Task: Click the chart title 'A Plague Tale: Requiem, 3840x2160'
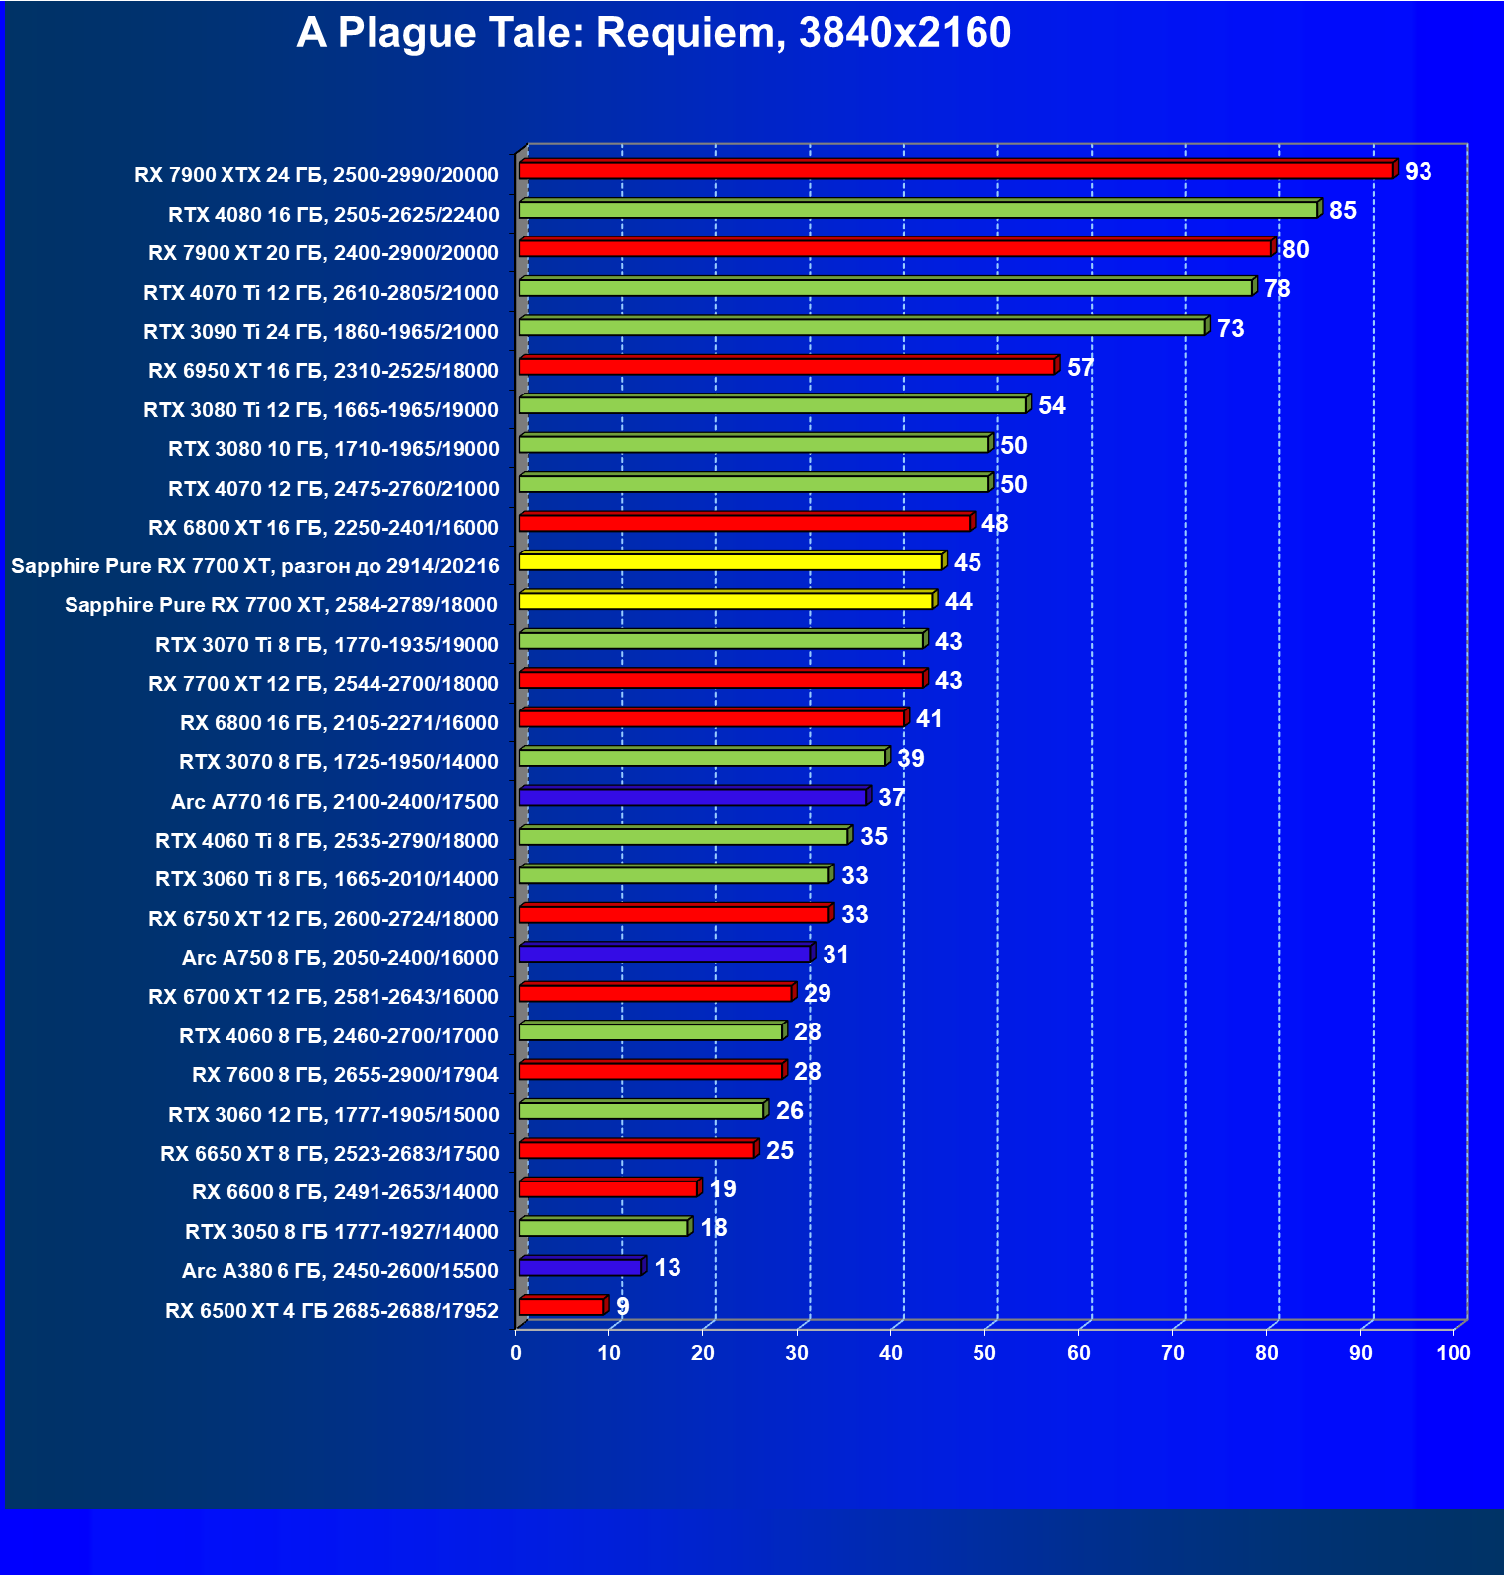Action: coord(654,33)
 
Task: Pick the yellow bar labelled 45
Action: coord(729,562)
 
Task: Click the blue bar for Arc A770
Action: coord(692,797)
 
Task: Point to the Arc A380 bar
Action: coord(580,1268)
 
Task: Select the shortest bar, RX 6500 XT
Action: coord(561,1307)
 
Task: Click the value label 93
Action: coord(1418,172)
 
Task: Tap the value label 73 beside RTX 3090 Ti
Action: coord(1230,329)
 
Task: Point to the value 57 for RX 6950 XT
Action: coord(1080,368)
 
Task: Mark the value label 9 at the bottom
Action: coord(623,1307)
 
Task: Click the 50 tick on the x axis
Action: coord(984,1353)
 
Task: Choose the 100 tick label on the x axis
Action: coord(1453,1353)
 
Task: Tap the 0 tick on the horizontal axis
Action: coord(516,1353)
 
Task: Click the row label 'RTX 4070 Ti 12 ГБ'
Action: coord(321,293)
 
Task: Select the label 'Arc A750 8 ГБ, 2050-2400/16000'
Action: coord(340,958)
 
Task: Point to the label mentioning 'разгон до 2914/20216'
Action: coord(255,566)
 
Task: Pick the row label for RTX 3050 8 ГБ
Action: coord(342,1232)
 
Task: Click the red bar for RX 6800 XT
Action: coord(744,523)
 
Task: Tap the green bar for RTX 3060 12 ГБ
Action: coord(641,1111)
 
